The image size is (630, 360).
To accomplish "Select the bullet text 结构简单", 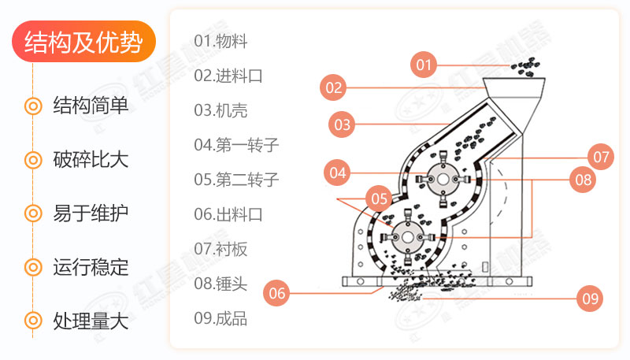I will coord(91,106).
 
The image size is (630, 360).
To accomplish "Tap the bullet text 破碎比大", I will coord(91,160).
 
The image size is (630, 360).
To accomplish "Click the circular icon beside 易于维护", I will coord(33,213).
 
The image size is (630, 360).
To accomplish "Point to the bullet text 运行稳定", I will coord(91,267).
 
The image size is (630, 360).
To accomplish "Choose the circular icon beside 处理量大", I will coord(33,321).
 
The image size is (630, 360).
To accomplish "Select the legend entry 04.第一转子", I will coord(236,145).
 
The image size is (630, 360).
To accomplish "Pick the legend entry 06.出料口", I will coord(228,214).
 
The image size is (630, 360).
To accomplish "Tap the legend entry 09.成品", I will coord(220,318).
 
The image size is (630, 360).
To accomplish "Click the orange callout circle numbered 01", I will coord(424,65).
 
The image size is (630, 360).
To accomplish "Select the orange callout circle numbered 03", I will coord(342,124).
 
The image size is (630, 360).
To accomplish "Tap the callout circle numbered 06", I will coord(276,294).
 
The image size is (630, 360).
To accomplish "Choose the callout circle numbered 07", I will coord(601,156).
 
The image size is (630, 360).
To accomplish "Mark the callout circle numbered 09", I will coord(589,298).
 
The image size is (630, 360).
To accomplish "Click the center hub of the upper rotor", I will coord(442,180).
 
